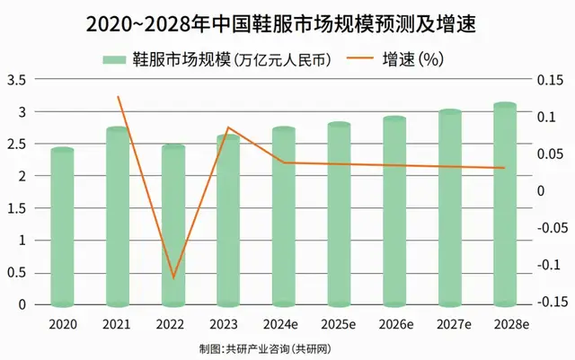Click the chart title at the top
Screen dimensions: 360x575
pyautogui.click(x=287, y=23)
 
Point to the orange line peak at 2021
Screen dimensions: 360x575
pyautogui.click(x=118, y=96)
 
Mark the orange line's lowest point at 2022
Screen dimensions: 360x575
pyautogui.click(x=173, y=277)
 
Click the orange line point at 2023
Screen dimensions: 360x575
pyautogui.click(x=229, y=128)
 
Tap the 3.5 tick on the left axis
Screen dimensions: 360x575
pyautogui.click(x=16, y=80)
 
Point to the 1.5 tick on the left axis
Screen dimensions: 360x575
pyautogui.click(x=16, y=208)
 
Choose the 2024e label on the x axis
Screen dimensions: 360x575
pyautogui.click(x=284, y=322)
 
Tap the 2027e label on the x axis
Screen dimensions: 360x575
pyautogui.click(x=449, y=322)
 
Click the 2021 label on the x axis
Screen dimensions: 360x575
pyautogui.click(x=118, y=322)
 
